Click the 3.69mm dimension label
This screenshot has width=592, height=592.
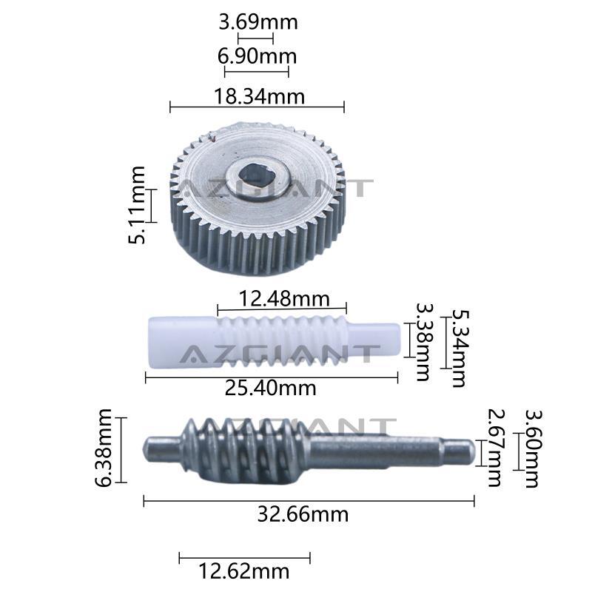coord(258,22)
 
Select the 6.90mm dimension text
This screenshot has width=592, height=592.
coord(257,56)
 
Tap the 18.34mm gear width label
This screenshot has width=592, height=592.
coord(260,96)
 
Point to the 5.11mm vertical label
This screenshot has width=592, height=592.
coord(136,205)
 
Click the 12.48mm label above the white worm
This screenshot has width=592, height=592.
coord(284,299)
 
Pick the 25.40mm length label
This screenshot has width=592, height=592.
coord(270,388)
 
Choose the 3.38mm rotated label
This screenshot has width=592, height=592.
coord(424,342)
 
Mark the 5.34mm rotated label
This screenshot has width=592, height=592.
coord(460,349)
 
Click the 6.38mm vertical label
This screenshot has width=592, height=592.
coord(103,448)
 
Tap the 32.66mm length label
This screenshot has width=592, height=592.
coord(303,514)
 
